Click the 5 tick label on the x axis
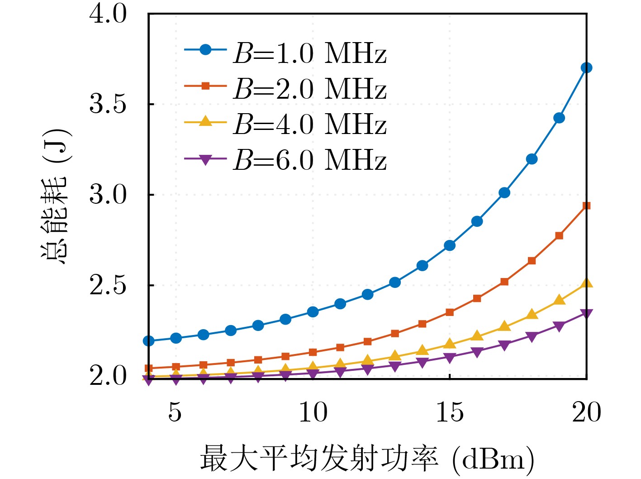[x=176, y=412]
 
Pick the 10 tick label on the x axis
[x=313, y=412]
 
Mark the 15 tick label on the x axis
[x=450, y=412]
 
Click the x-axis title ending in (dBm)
[x=367, y=459]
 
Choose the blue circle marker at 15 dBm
[x=450, y=245]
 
